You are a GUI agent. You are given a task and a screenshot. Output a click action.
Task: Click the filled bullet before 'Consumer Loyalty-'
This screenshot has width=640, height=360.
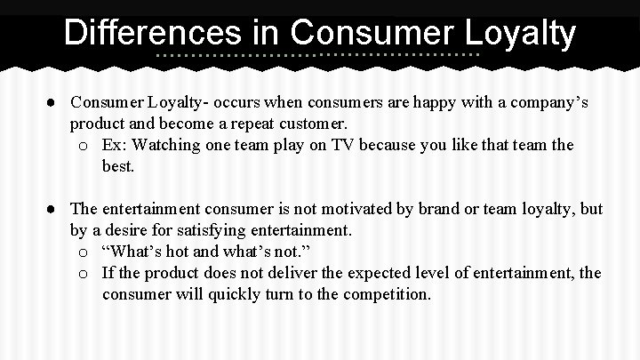55,103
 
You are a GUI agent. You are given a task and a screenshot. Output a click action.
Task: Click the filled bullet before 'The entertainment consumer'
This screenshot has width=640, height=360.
55,209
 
